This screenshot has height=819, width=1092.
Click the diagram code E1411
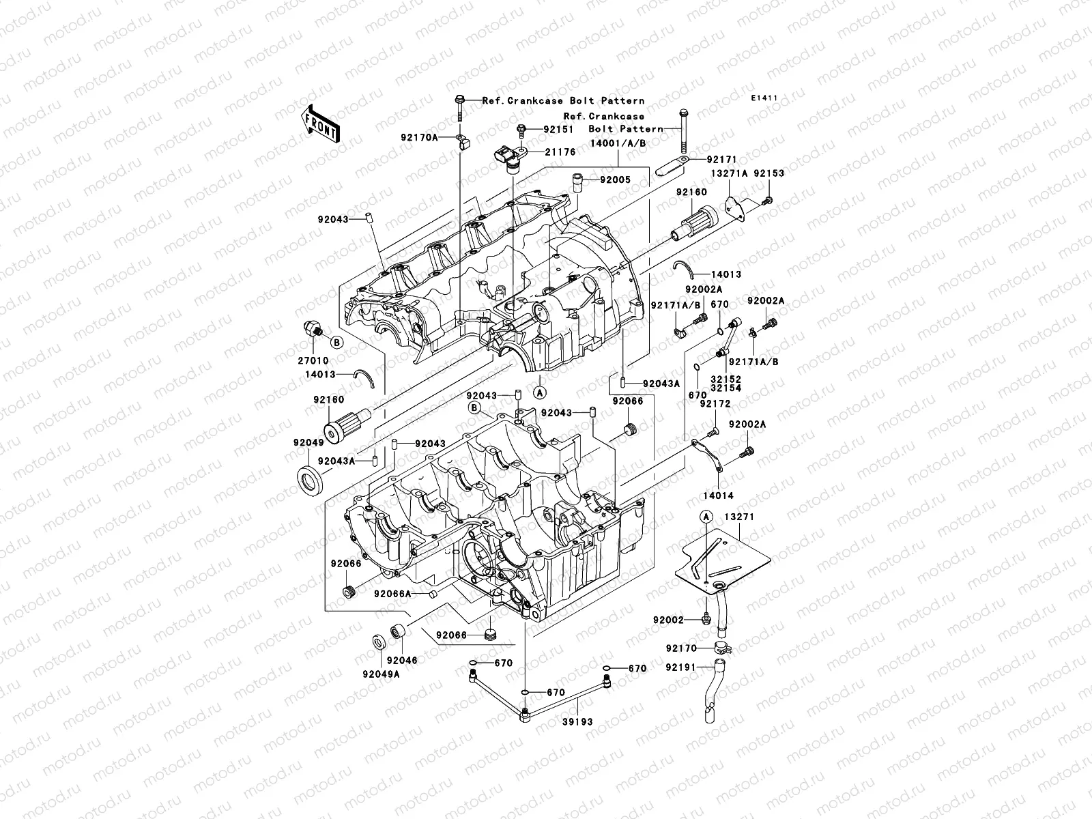click(765, 98)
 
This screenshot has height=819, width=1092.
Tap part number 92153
click(769, 173)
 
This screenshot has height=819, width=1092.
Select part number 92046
click(401, 661)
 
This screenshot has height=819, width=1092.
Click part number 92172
click(715, 404)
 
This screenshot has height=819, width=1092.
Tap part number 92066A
click(392, 594)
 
